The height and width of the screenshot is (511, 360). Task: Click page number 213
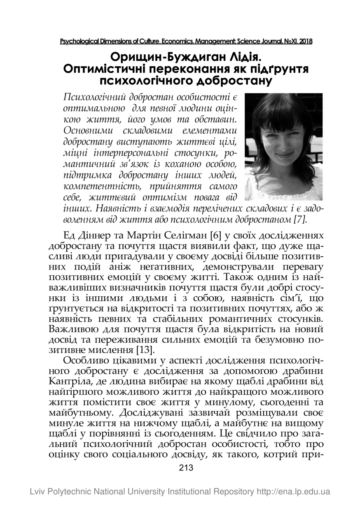tap(186, 468)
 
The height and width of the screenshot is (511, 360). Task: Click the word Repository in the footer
tap(230, 492)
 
